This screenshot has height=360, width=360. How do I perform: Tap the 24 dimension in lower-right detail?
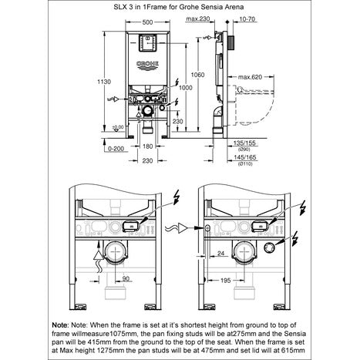pos(220,252)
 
